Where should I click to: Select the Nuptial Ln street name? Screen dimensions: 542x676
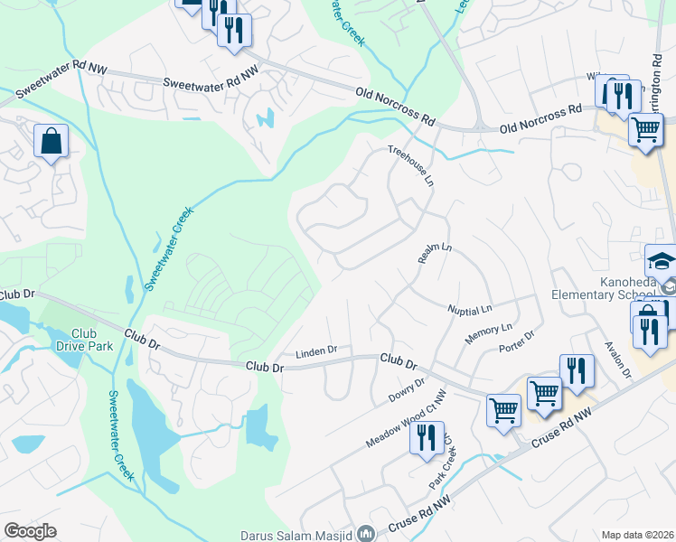469,309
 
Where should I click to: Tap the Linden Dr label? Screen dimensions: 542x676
316,350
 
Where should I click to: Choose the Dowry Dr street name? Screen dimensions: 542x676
406,391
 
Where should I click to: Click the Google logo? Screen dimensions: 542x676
30,531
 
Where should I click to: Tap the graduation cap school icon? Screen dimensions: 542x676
661,260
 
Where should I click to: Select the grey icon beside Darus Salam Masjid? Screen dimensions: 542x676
365,533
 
